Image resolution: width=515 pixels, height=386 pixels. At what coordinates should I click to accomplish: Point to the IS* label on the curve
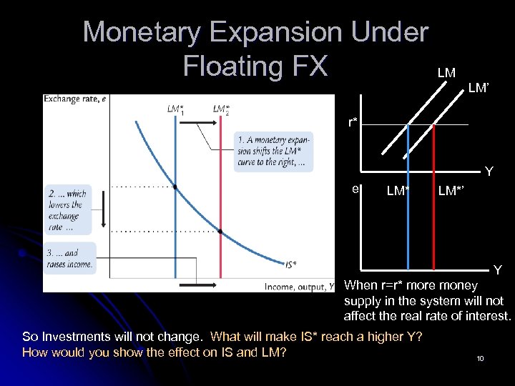click(291, 264)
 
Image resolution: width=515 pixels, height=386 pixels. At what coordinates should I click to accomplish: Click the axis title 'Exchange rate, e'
click(75, 99)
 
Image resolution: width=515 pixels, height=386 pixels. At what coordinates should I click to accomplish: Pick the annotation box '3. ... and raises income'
click(70, 257)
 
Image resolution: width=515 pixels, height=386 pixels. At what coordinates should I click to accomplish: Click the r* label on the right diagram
click(353, 122)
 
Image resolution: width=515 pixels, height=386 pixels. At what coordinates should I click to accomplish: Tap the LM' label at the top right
click(479, 89)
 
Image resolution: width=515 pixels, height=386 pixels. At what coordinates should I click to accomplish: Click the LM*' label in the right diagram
click(451, 191)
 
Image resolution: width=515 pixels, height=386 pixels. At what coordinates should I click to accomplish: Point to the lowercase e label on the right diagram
click(355, 189)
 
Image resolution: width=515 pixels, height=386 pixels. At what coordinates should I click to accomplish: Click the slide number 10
click(480, 357)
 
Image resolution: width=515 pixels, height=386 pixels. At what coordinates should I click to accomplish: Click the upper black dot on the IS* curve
click(175, 187)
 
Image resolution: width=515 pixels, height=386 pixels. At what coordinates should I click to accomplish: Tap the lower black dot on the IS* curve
click(220, 232)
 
